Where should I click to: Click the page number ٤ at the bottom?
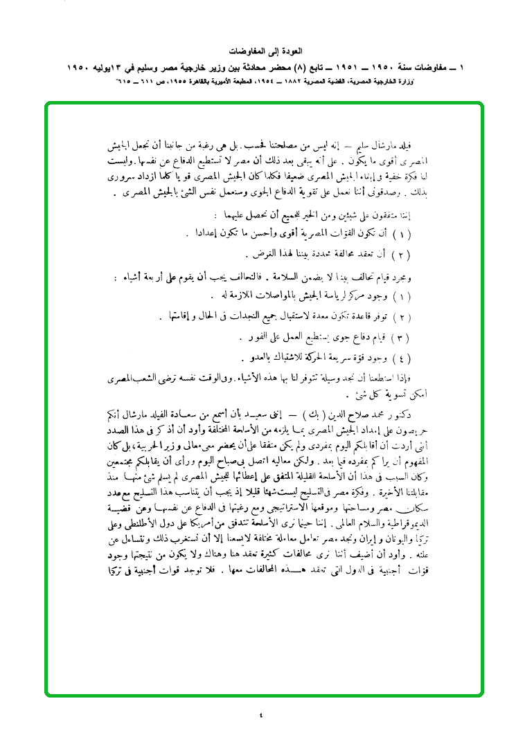[x=261, y=715]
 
